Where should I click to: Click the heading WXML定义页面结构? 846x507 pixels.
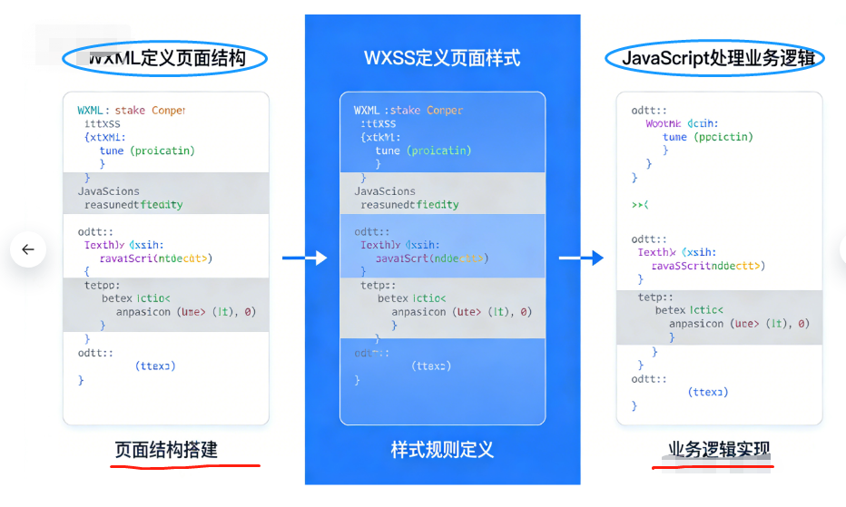(166, 59)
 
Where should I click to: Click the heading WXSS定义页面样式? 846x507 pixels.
(442, 59)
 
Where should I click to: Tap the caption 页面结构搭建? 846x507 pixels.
(166, 450)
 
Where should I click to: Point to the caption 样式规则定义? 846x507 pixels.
(442, 450)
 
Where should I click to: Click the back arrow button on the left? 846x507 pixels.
(28, 249)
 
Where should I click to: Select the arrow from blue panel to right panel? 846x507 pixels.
(581, 258)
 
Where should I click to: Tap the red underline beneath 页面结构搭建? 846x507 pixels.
(185, 465)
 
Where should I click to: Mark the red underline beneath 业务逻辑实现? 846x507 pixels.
(713, 467)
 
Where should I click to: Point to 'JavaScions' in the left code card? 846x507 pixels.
(109, 191)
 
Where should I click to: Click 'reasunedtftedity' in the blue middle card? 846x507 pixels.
(409, 205)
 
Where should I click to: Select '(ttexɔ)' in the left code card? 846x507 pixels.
(155, 366)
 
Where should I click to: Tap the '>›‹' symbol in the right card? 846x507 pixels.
(640, 205)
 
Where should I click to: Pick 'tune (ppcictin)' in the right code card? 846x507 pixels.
(708, 137)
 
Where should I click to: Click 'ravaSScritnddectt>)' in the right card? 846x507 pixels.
(708, 266)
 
